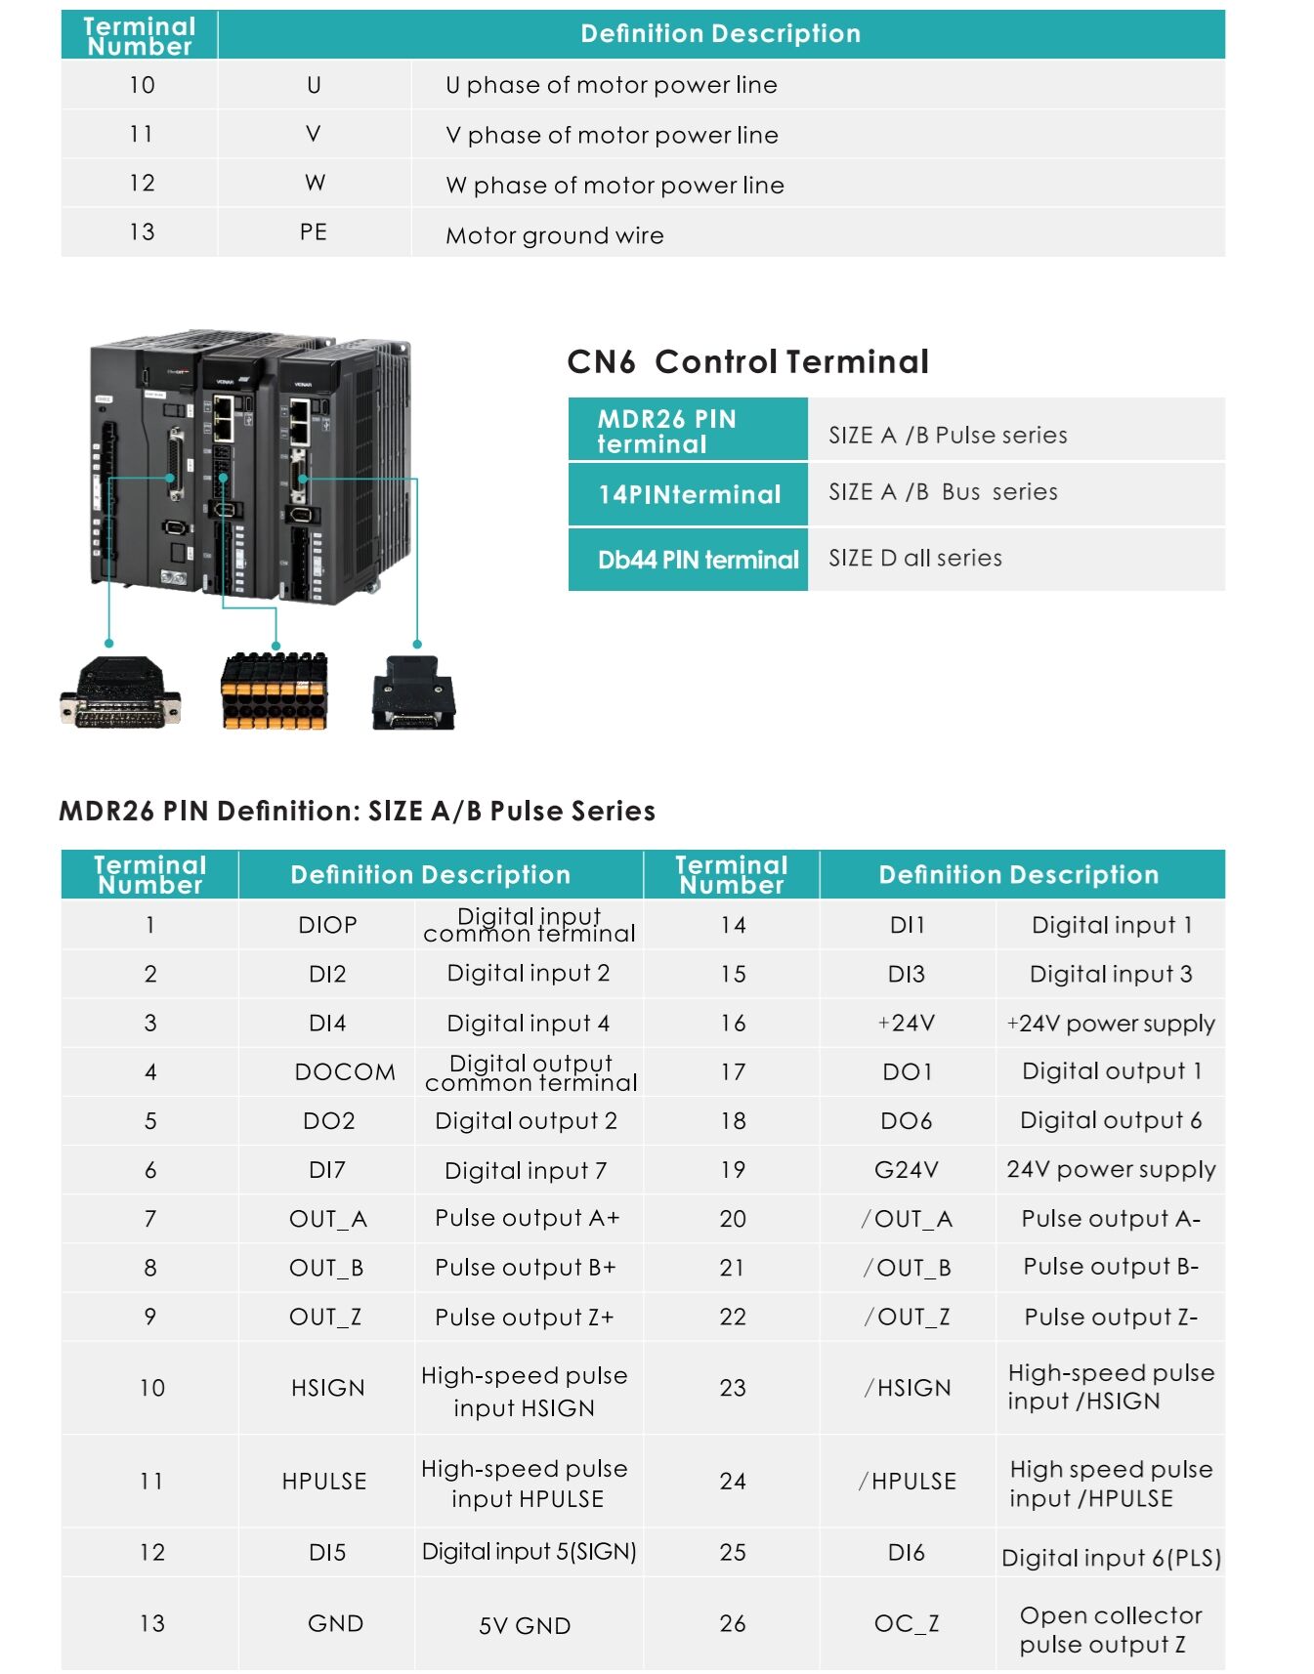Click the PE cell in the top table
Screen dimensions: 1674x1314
click(313, 232)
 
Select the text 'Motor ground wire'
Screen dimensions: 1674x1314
click(554, 235)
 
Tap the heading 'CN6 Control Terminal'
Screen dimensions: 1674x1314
click(747, 361)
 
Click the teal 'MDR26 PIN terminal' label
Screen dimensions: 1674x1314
click(687, 431)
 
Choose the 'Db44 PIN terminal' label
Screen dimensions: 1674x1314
click(698, 560)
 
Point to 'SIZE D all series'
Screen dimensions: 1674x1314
click(914, 558)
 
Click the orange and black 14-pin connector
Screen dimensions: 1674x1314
click(276, 691)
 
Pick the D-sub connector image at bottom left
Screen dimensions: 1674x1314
click(120, 693)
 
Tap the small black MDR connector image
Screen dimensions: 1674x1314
click(413, 693)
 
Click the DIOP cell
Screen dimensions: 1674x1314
click(327, 925)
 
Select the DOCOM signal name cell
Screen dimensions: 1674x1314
click(345, 1072)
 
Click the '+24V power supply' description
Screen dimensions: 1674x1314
click(1111, 1024)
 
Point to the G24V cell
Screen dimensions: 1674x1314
click(906, 1170)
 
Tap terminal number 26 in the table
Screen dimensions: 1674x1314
click(733, 1623)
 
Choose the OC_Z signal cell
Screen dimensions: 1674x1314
click(906, 1623)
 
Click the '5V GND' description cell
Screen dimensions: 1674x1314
click(525, 1625)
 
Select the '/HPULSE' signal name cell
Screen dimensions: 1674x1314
click(907, 1482)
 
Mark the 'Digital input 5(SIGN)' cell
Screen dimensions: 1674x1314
click(529, 1552)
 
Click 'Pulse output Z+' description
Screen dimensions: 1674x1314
click(525, 1318)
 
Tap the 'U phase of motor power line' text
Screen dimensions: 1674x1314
click(611, 85)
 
